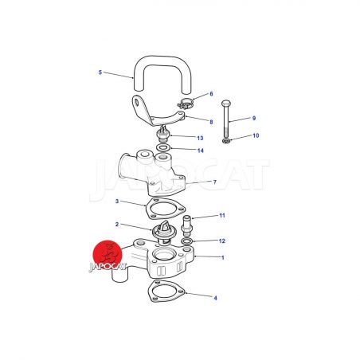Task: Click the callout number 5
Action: [x=100, y=72]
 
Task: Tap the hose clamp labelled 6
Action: [x=186, y=104]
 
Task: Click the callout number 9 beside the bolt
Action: [x=254, y=118]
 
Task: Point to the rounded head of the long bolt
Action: [x=226, y=103]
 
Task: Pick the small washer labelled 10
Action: [x=226, y=141]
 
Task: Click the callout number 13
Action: [x=200, y=138]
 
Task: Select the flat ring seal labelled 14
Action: [x=163, y=147]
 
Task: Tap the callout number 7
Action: [x=215, y=182]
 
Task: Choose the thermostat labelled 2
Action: [x=162, y=232]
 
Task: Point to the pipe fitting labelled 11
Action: [x=187, y=225]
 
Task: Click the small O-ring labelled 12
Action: [x=187, y=241]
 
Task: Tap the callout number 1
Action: [x=223, y=257]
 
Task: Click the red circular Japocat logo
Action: [x=108, y=255]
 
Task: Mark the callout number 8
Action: [x=211, y=122]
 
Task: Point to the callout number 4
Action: [x=215, y=298]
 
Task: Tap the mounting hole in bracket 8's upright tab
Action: [x=137, y=102]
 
